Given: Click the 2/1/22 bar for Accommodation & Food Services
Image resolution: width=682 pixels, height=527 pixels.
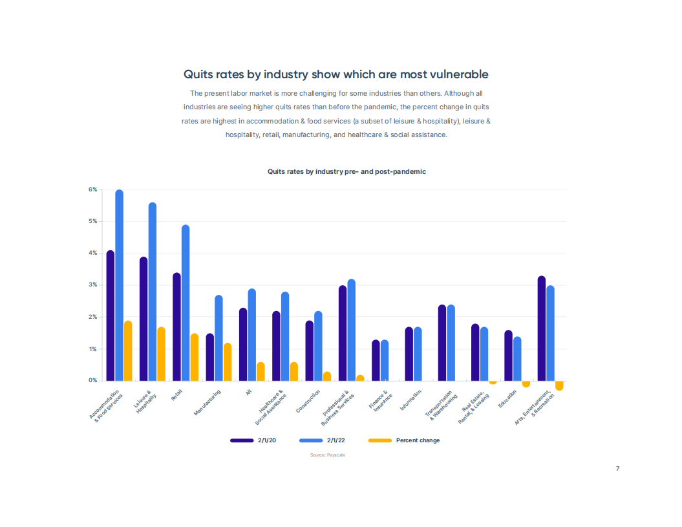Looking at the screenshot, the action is pos(119,285).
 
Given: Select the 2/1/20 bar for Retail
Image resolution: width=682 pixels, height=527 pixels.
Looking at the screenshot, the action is pos(176,327).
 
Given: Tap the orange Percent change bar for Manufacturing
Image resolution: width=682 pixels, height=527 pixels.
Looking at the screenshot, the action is pos(228,362).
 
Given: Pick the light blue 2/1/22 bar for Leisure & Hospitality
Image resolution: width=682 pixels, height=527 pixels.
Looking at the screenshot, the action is pos(152,292).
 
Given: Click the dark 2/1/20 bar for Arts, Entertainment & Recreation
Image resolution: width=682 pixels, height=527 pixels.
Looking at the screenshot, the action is pos(542,328).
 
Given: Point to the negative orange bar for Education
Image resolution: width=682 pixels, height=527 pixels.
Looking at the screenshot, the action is pos(526,384).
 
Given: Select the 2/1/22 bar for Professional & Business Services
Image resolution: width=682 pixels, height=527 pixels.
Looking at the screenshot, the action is pos(352,330).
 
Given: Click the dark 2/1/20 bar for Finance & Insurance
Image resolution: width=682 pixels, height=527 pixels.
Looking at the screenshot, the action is pos(376,360).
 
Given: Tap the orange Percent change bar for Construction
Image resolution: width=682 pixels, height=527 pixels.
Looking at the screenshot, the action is pos(327,376).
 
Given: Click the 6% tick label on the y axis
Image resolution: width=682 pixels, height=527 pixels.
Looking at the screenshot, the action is pos(92,189).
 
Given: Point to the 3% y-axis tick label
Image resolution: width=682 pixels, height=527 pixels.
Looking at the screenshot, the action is pos(92,285).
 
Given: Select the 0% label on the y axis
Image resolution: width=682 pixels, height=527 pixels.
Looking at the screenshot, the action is pos(92,380).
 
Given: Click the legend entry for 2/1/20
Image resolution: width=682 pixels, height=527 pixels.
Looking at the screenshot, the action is pos(253,440).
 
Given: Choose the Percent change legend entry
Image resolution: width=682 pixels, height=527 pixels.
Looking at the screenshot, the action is pos(404,440).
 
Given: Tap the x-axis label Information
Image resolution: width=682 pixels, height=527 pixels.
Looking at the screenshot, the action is pos(410,400).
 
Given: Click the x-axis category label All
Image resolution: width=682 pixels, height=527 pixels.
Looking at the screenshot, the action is pos(249,392).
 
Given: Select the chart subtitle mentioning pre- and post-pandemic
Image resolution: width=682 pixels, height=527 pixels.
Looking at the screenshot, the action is pos(346,171).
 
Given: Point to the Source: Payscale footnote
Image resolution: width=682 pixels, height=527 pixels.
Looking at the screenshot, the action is pos(328,455).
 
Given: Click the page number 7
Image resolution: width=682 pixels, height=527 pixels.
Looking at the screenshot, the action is pos(617,468).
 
